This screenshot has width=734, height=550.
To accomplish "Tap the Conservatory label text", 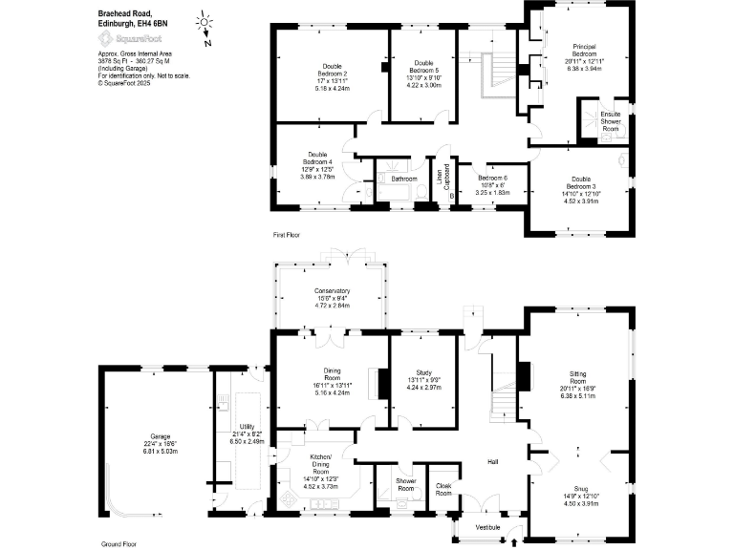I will click(x=332, y=291).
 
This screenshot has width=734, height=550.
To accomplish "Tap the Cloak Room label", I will click(x=443, y=489).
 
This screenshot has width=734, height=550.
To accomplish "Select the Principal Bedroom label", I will click(x=584, y=50).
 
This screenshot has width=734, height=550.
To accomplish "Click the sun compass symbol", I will click(x=204, y=21).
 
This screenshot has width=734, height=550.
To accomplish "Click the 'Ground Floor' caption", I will click(x=119, y=543).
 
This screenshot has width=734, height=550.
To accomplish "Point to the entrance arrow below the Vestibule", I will click(x=516, y=542).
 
